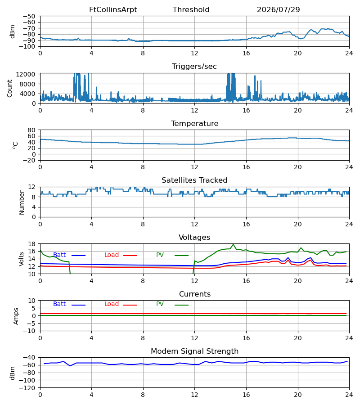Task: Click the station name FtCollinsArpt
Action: click(113, 10)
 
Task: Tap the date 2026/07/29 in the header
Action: click(279, 10)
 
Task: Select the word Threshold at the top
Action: click(191, 10)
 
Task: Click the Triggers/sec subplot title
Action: click(194, 67)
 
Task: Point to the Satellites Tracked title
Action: click(194, 180)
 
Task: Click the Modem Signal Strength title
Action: click(195, 351)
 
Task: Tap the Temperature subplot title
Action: click(195, 123)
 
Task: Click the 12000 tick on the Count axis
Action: click(26, 74)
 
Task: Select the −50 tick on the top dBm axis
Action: click(29, 16)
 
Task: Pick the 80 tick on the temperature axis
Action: click(31, 130)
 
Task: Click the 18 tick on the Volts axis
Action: click(31, 244)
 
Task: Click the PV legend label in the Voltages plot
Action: click(160, 255)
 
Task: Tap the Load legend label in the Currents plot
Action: click(112, 304)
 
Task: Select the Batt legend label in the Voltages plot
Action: click(59, 255)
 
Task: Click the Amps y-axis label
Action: click(16, 316)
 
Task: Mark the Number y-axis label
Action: click(22, 202)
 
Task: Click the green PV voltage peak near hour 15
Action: click(234, 244)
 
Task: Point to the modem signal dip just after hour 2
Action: click(70, 366)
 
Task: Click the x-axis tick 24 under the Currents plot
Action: click(349, 338)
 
